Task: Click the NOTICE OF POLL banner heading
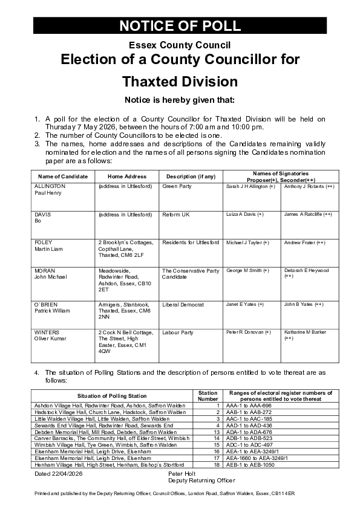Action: pyautogui.click(x=180, y=25)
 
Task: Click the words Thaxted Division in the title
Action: pyautogui.click(x=180, y=81)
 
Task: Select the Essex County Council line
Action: pyautogui.click(x=180, y=45)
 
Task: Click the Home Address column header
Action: pyautogui.click(x=126, y=177)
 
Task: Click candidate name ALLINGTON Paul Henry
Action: pyautogui.click(x=50, y=190)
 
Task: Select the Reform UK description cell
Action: pyautogui.click(x=176, y=215)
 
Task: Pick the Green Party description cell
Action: pyautogui.click(x=177, y=187)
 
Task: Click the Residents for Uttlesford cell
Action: pyautogui.click(x=191, y=242)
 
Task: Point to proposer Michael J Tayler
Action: pyautogui.click(x=247, y=242)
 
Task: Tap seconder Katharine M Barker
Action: pyautogui.click(x=306, y=335)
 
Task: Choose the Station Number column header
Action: pyautogui.click(x=208, y=396)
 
